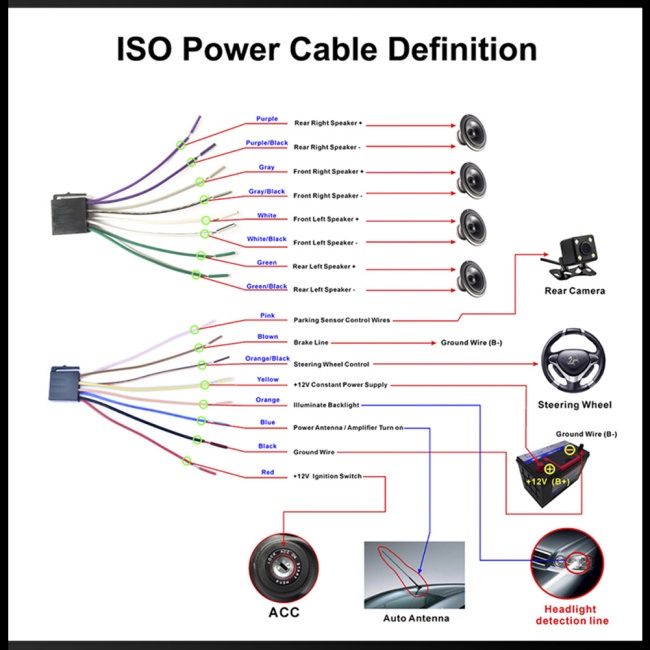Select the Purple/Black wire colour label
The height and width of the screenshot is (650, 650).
click(267, 143)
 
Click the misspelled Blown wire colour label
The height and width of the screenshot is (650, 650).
click(267, 337)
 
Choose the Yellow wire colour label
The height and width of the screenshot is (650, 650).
click(267, 380)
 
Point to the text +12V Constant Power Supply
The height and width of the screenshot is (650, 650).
click(340, 384)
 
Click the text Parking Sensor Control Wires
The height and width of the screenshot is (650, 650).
click(341, 320)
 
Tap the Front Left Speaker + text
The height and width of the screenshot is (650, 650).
click(326, 219)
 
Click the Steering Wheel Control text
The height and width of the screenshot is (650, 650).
click(331, 364)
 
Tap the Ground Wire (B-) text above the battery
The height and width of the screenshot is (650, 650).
click(586, 434)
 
